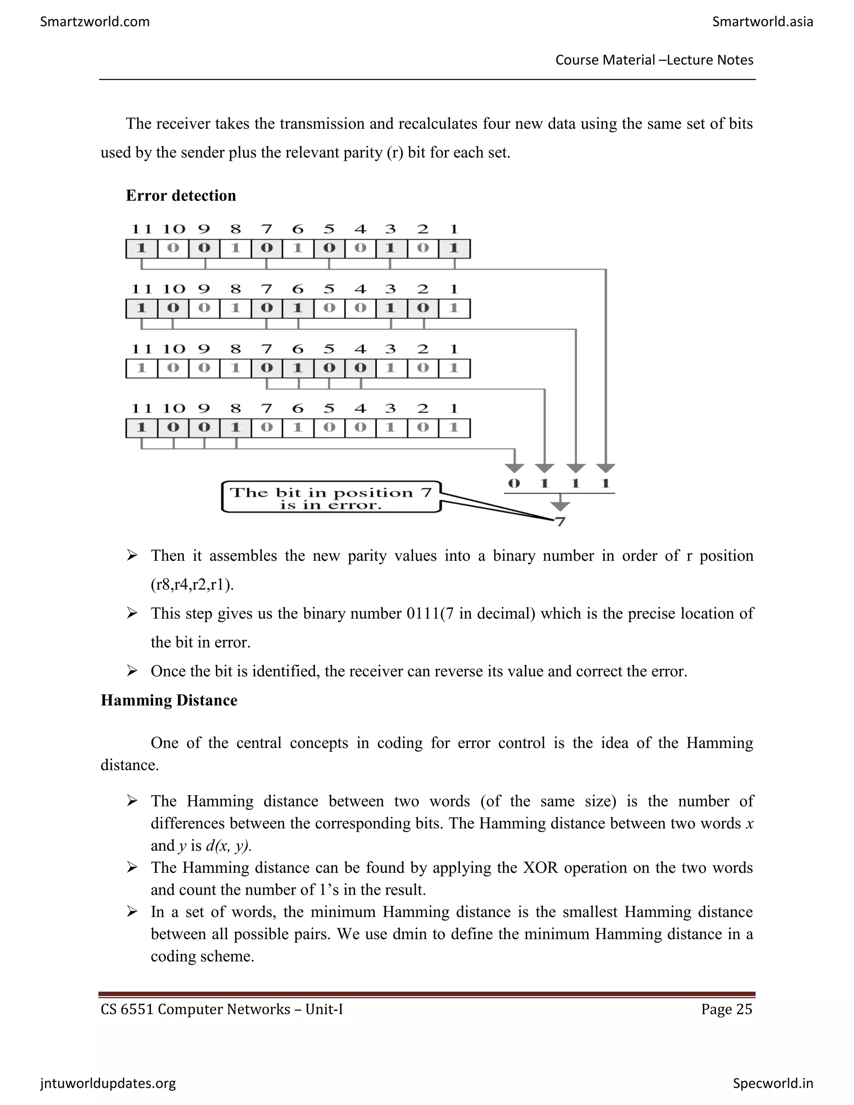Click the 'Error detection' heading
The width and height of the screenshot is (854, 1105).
pos(181,196)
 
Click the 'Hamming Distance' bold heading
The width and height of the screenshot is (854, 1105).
pos(168,700)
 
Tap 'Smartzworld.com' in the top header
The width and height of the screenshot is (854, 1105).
pos(95,22)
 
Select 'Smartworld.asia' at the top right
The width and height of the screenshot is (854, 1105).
pos(762,22)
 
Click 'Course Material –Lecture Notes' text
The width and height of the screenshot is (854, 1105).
pos(654,60)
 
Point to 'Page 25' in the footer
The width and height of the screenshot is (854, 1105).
pos(726,1010)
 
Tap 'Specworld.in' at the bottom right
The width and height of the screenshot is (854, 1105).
pos(773,1083)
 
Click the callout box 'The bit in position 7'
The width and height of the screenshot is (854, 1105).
pos(331,497)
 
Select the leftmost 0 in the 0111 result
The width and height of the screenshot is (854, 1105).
pos(514,484)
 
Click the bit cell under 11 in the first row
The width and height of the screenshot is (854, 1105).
pos(142,249)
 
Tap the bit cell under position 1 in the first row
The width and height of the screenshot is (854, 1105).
pos(454,249)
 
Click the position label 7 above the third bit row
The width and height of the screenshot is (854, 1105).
pos(266,349)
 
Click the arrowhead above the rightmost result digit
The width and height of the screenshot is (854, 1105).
pos(605,468)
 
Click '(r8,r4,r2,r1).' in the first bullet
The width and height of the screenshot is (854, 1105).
pos(192,585)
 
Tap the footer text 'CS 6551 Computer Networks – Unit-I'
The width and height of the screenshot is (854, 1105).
pos(221,1010)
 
